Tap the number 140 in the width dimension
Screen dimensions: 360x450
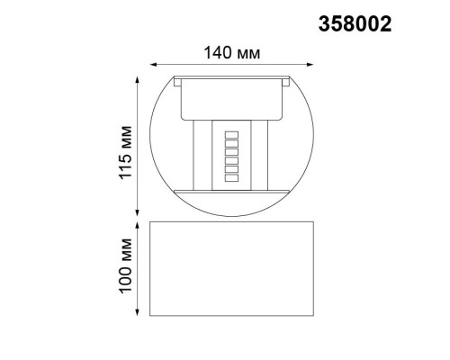pyautogui.click(x=217, y=53)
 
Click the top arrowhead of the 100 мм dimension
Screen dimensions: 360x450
pyautogui.click(x=138, y=220)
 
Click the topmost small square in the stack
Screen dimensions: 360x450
pyautogui.click(x=230, y=134)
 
